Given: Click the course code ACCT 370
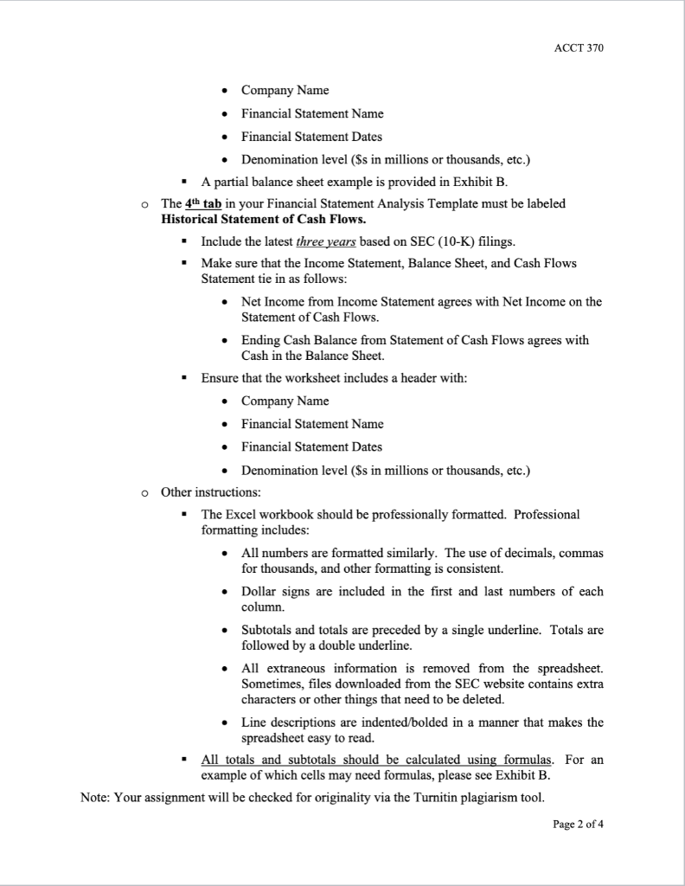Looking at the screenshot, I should coord(579,48).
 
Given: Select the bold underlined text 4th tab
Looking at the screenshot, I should coord(198,204).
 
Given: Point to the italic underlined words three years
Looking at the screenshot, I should coord(321,241).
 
